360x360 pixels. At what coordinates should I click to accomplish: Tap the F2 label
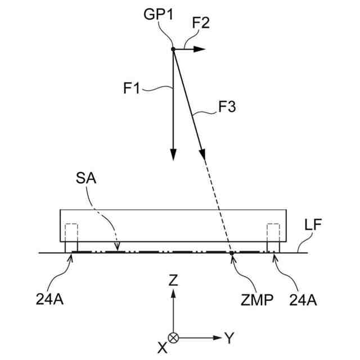tap(201, 24)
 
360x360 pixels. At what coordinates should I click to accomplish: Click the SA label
tap(86, 179)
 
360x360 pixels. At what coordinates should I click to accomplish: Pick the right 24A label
tap(304, 300)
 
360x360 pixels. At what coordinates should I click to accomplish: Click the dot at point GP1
tap(173, 49)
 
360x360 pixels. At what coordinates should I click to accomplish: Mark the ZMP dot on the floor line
tap(232, 254)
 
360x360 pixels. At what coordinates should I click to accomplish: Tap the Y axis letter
tap(229, 337)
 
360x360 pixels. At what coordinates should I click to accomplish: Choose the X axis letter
tap(162, 347)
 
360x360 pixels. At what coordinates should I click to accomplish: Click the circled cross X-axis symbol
tap(173, 337)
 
